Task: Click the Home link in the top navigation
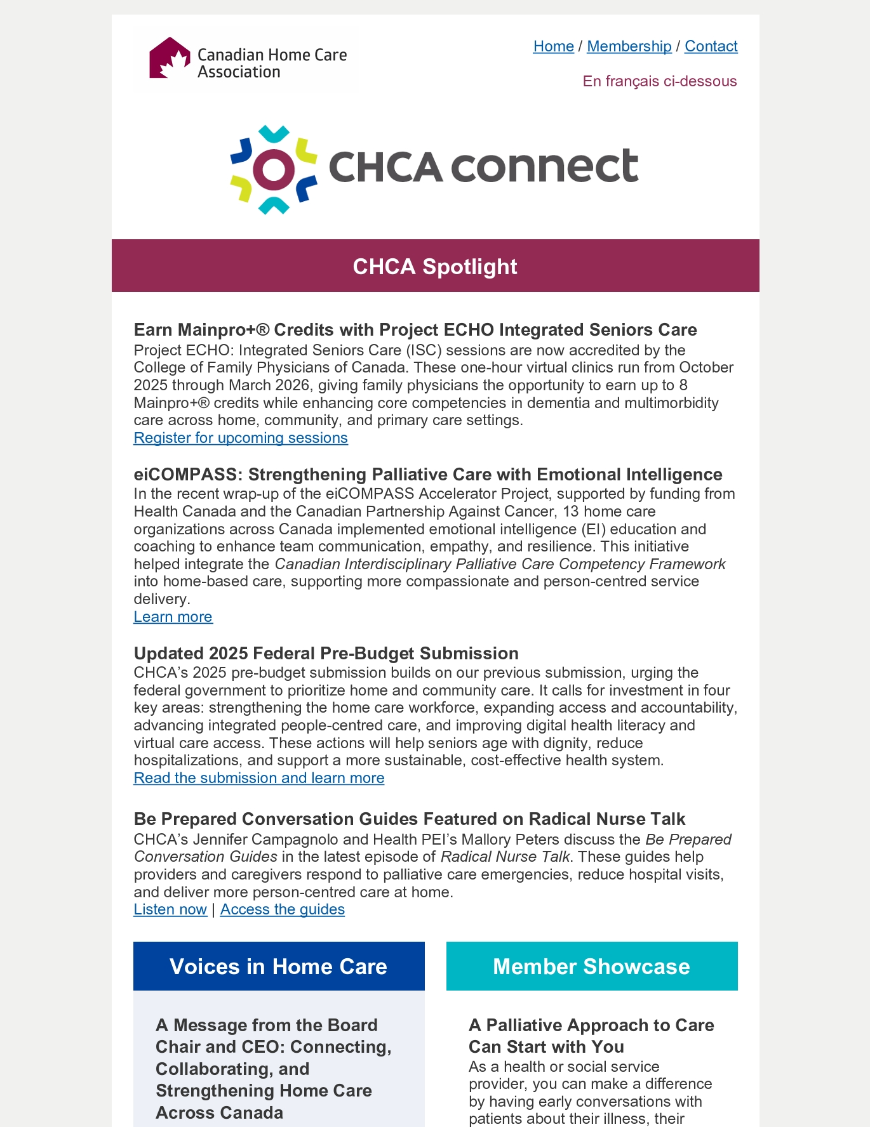coord(553,46)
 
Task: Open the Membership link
coord(629,46)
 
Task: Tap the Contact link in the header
coord(711,46)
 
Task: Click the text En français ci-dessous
coord(660,81)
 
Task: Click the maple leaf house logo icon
coord(170,58)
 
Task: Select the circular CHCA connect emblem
coord(274,169)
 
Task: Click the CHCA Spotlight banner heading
coord(435,267)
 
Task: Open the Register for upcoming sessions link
coord(241,438)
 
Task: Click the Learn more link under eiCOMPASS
coord(173,617)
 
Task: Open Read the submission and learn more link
coord(259,778)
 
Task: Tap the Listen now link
coord(170,909)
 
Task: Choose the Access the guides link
coord(283,909)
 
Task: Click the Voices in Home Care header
coord(279,966)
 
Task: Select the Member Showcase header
coord(591,966)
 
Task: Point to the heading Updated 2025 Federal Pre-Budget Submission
coord(326,654)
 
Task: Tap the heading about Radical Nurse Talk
coord(410,819)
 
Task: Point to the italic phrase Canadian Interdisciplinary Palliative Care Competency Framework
coord(500,564)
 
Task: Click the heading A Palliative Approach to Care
coord(591,1036)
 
